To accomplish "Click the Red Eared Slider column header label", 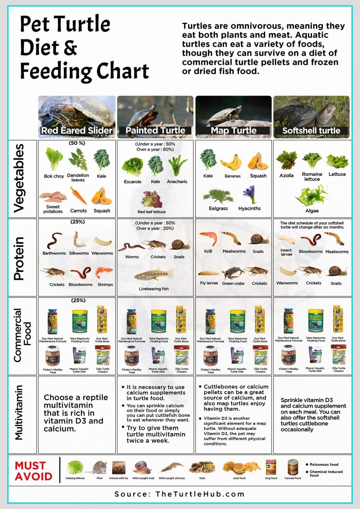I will [77, 130].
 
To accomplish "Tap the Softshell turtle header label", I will [311, 130].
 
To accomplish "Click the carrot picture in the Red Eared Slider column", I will [78, 196].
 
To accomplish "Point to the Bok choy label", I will [54, 176].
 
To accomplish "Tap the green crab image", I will [233, 273].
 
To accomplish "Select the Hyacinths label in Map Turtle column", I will [249, 208].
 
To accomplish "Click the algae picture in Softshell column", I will [311, 195].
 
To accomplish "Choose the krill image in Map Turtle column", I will [208, 238].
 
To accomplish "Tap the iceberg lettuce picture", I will [75, 467].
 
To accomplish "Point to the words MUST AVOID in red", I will [33, 471].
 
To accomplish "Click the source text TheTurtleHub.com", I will [200, 494].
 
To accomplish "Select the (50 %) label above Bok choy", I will [77, 143].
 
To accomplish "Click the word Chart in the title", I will [122, 71].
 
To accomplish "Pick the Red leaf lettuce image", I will [151, 199].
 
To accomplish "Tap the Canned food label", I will [293, 478].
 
